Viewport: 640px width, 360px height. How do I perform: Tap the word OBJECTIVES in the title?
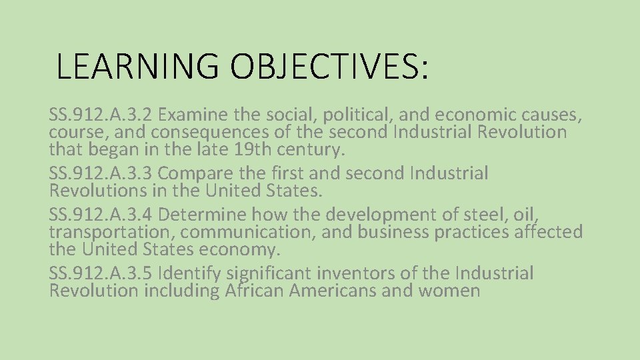pos(329,66)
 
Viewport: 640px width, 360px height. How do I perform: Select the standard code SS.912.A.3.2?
pos(101,115)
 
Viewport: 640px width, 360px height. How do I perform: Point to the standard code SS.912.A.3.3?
pos(101,173)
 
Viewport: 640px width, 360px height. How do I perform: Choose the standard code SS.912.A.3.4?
pos(101,215)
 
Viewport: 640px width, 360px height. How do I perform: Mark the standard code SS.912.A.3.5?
pos(101,273)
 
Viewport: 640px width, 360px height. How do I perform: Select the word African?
pos(255,291)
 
